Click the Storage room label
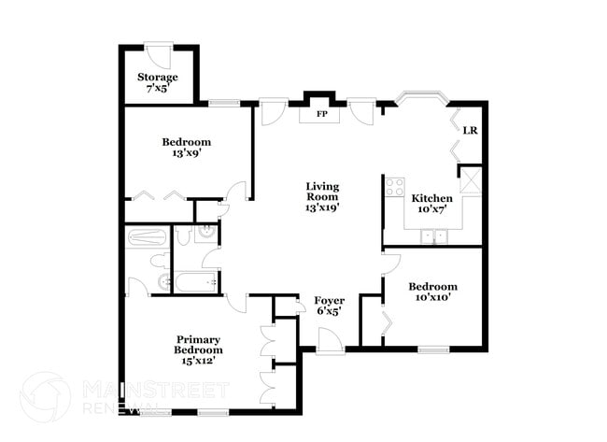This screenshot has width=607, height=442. [x=157, y=82]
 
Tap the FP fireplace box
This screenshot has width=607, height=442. [x=320, y=115]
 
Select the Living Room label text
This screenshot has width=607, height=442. [x=321, y=197]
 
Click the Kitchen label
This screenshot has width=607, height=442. [x=432, y=204]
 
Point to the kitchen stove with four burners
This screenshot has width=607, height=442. [x=394, y=184]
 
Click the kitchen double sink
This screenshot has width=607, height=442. [x=432, y=236]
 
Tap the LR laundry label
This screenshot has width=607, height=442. [x=471, y=130]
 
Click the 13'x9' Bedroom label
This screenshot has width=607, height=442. [x=187, y=148]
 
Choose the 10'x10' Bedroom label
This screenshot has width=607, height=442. [x=432, y=292]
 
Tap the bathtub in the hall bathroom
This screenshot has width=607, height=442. [x=191, y=281]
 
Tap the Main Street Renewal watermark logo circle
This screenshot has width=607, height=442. [x=45, y=397]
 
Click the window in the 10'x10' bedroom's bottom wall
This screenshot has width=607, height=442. [x=432, y=349]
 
